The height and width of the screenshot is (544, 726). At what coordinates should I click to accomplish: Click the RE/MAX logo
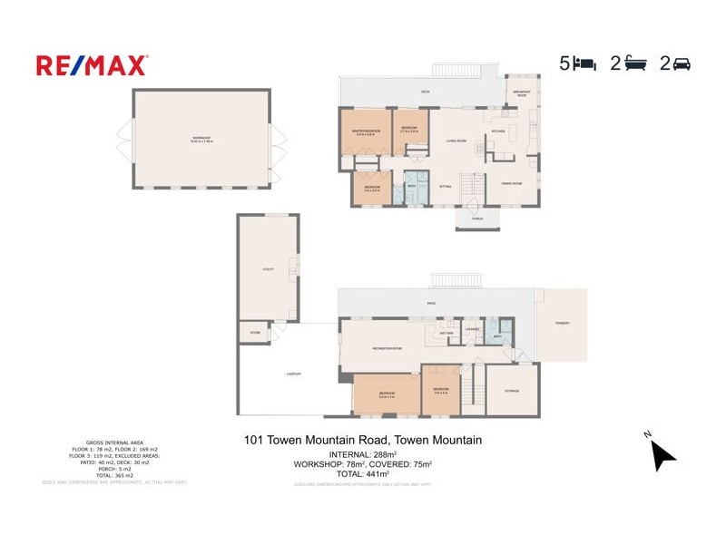pos(92,65)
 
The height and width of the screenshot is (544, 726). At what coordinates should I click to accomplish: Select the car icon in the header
pos(682,63)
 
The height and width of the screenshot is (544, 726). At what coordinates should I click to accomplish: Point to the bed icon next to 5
pos(585,63)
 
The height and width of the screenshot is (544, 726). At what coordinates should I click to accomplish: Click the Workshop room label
pos(201,140)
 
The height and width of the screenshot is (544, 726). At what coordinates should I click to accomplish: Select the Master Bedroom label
pos(366,131)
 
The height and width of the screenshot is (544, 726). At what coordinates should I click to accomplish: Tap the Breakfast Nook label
pos(522,93)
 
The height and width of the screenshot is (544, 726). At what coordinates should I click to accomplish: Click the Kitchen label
pos(497,131)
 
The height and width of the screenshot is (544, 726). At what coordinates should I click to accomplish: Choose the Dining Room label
pos(512,184)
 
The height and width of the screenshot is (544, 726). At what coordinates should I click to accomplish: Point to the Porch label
pos(476,219)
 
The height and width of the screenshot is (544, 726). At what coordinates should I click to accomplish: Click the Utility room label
pos(268,269)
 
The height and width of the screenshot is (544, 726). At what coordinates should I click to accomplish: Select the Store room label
pos(255,334)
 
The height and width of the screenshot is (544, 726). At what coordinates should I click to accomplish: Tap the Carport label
pos(294,374)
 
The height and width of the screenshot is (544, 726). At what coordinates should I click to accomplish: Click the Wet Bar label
pos(447,333)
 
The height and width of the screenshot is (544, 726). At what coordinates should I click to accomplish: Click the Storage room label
pos(512,390)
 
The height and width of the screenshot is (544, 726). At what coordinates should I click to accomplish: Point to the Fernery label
pos(562,323)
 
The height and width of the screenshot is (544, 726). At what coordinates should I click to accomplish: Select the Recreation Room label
pos(387,348)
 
